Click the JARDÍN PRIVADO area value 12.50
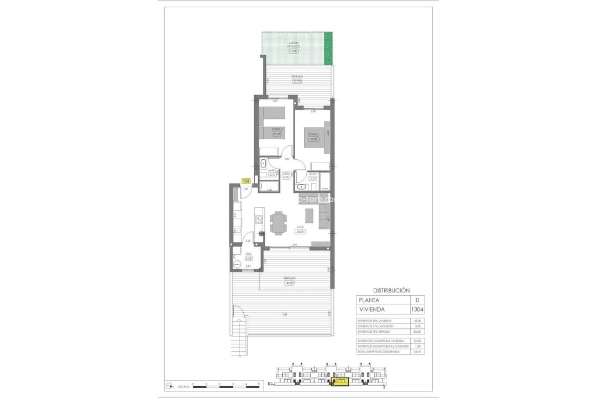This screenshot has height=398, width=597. click(x=293, y=51)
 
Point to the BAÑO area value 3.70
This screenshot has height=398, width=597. click(x=272, y=175)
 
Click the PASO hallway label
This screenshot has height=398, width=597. click(x=286, y=172)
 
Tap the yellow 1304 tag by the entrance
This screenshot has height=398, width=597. click(x=246, y=181)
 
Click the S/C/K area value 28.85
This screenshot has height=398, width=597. click(x=301, y=231)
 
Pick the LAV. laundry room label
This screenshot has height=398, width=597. click(x=241, y=254)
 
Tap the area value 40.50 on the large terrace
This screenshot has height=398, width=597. click(x=289, y=282)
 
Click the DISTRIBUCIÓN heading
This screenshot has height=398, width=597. click(x=391, y=290)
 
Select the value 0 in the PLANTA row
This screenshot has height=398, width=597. click(x=417, y=300)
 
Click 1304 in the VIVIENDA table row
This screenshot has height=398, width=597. click(x=417, y=310)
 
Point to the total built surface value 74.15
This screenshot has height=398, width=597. click(x=417, y=352)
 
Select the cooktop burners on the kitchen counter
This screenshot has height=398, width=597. click(x=257, y=219)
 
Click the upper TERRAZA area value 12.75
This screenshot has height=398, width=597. click(x=297, y=81)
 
